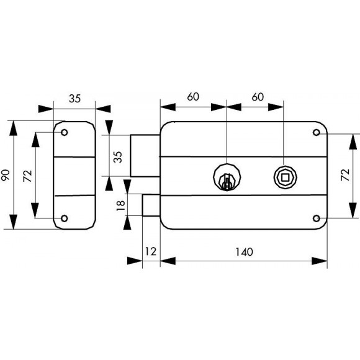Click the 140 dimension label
point(245,252)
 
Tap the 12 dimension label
point(151,251)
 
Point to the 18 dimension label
point(121,205)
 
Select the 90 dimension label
point(6,175)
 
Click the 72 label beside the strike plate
point(28,176)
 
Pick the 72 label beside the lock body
point(345,175)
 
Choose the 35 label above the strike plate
point(75,99)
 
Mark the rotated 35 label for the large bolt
point(118,157)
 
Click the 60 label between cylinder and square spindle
point(258,97)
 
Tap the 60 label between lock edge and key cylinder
point(193,97)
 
